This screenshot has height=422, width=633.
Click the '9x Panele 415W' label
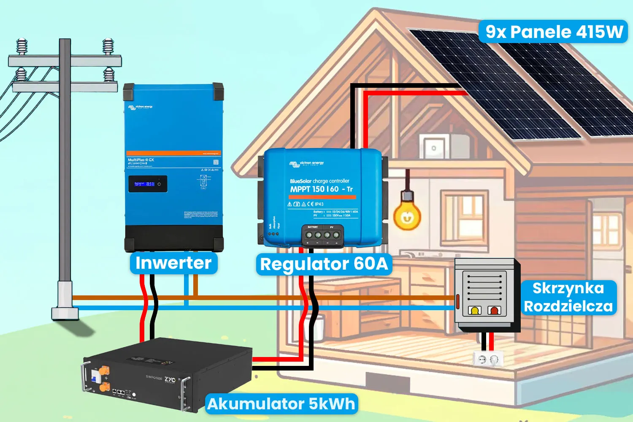pyautogui.click(x=553, y=32)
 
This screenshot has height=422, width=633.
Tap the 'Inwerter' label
pyautogui.click(x=173, y=263)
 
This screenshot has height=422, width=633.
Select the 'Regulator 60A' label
pyautogui.click(x=324, y=264)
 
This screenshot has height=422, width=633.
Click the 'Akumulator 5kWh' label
pyautogui.click(x=281, y=404)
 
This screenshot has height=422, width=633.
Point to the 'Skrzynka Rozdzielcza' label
pyautogui.click(x=568, y=297)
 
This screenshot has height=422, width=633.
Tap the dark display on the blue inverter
pyautogui.click(x=148, y=184)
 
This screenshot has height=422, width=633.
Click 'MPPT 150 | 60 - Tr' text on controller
pyautogui.click(x=321, y=189)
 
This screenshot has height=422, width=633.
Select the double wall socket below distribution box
pyautogui.click(x=488, y=359)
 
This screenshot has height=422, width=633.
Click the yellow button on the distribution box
pyautogui.click(x=475, y=311)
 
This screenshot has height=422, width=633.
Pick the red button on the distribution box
pyautogui.click(x=493, y=311)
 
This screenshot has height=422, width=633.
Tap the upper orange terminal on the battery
pyautogui.click(x=103, y=371)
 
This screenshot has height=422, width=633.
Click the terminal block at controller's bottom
pyautogui.click(x=322, y=235)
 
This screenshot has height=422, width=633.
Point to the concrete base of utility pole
pyautogui.click(x=65, y=313)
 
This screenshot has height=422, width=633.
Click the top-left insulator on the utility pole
pyautogui.click(x=22, y=46)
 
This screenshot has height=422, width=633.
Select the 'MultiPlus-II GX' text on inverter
pyautogui.click(x=141, y=160)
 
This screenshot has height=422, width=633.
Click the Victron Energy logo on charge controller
pyautogui.click(x=307, y=163)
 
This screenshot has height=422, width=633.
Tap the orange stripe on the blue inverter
pyautogui.click(x=173, y=153)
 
